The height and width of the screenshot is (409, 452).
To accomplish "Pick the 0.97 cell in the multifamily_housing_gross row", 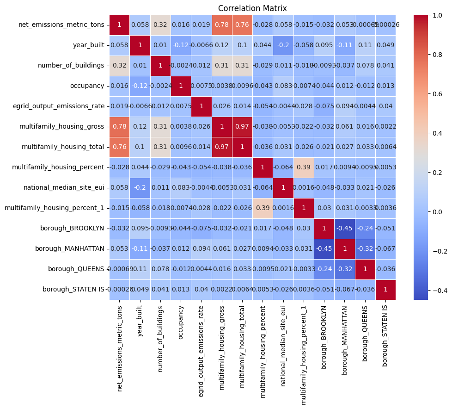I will [242, 126].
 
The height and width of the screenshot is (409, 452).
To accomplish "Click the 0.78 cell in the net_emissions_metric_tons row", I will [222, 25].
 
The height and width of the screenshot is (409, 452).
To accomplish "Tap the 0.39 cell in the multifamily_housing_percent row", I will [303, 167].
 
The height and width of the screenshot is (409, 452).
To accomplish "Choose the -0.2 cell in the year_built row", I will [283, 45].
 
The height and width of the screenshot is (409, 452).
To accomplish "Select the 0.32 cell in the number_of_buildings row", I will [119, 65].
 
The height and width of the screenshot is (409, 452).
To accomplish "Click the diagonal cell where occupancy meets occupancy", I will [181, 86].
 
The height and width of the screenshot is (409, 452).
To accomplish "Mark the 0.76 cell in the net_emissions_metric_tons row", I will [242, 25].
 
